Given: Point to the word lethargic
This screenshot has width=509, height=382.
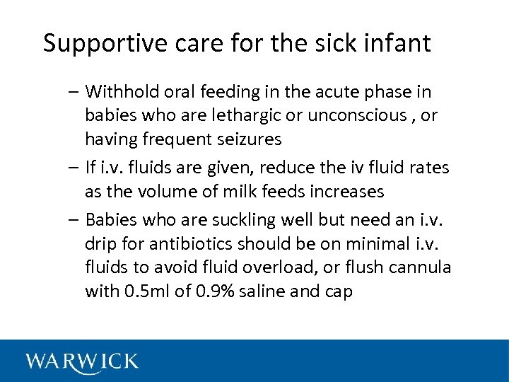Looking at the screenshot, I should [240, 115].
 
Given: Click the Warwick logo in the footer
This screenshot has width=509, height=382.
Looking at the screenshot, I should [82, 361].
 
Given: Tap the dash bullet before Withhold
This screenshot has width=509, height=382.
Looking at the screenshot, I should [75, 92].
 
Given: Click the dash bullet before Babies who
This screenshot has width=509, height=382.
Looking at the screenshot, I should [75, 220].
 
